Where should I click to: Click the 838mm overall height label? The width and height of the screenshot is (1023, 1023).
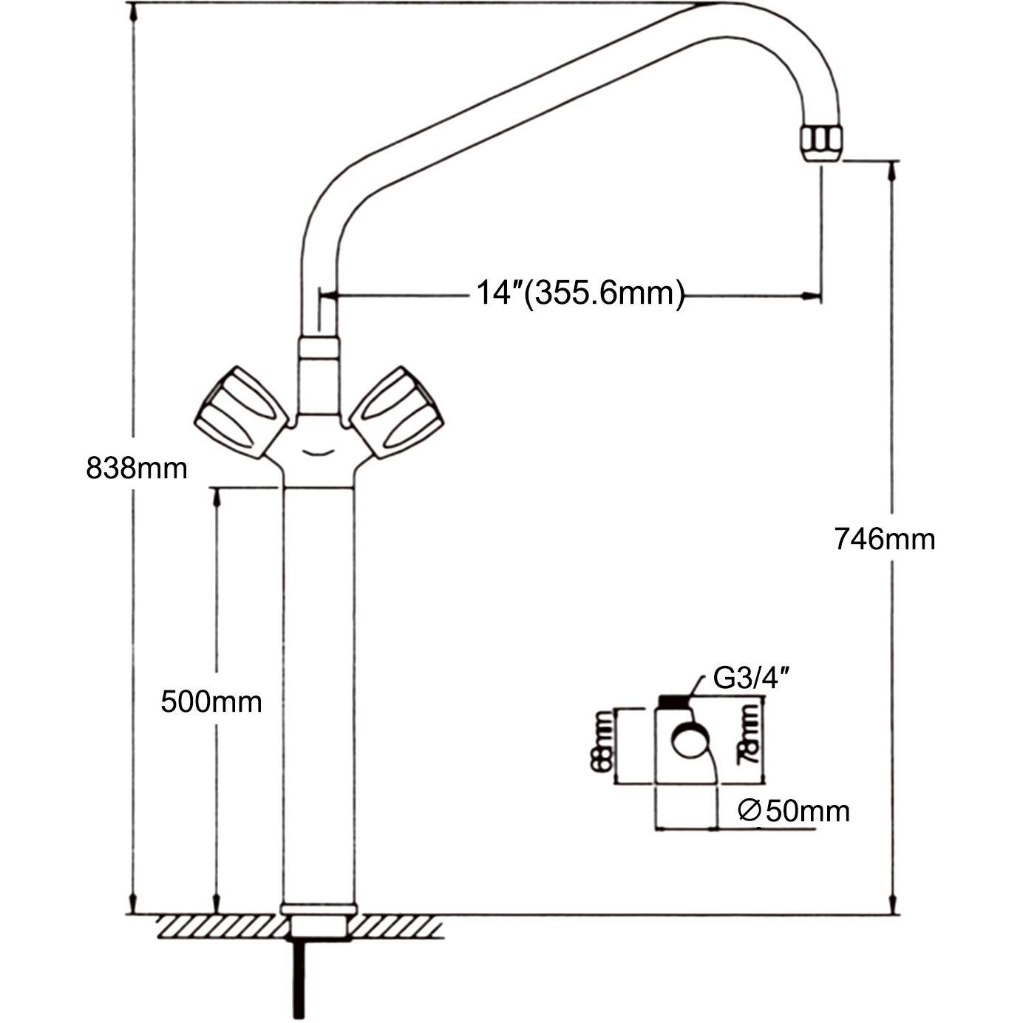pos(137,468)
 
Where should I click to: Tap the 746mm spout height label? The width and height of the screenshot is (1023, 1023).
pos(885,539)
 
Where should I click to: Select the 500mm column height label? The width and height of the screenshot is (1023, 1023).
pos(211,701)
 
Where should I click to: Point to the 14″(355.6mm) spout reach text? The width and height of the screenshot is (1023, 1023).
pos(580,293)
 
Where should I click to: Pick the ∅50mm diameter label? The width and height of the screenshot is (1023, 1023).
pos(795,811)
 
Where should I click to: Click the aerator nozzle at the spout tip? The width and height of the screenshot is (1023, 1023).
pos(820,142)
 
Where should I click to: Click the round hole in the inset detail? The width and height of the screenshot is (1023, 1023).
pos(690,742)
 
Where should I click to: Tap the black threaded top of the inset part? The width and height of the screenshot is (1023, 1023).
pos(672,701)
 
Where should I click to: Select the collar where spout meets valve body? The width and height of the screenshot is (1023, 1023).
pos(319,348)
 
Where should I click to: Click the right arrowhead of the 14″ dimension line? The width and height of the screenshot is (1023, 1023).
pos(813,297)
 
